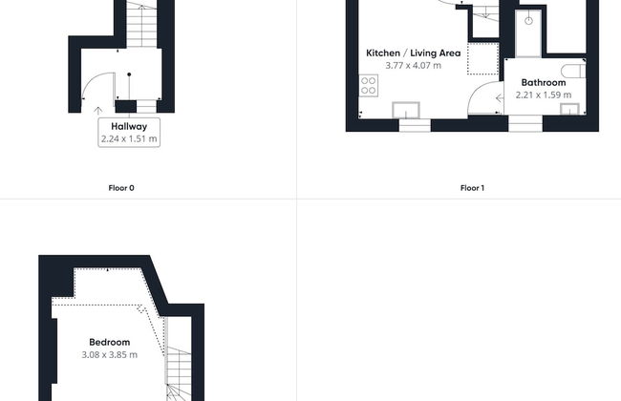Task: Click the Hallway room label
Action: [x=129, y=127]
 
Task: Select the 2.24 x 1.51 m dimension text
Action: [x=129, y=139]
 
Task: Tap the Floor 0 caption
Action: [x=121, y=188]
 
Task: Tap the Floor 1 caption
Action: [x=472, y=188]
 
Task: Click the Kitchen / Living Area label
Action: [x=414, y=53]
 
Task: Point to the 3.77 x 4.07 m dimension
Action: [x=414, y=66]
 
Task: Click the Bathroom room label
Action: [x=544, y=83]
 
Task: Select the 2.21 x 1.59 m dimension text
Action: [x=544, y=95]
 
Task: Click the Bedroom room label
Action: [x=109, y=343]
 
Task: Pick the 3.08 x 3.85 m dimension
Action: [x=109, y=354]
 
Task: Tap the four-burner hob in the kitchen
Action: [x=369, y=86]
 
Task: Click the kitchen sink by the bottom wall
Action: [x=406, y=110]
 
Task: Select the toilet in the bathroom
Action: [x=573, y=72]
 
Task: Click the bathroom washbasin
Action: [x=569, y=109]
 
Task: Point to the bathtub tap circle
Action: [x=528, y=21]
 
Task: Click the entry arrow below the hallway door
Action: [x=97, y=111]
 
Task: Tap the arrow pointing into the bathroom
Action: [x=500, y=97]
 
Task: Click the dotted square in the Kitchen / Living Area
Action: [x=482, y=58]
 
